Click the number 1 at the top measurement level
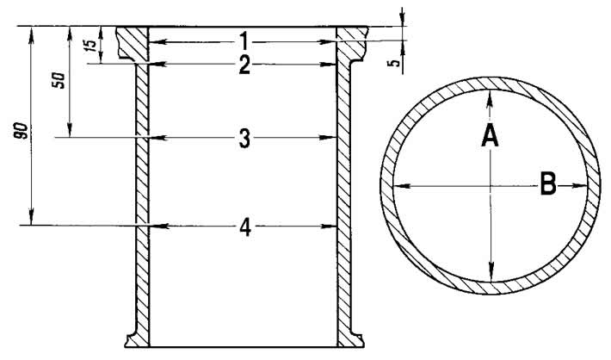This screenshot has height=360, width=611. click(244, 40)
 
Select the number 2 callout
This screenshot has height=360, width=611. click(244, 65)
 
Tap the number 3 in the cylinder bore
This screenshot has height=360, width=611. click(244, 139)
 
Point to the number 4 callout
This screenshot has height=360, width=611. click(245, 227)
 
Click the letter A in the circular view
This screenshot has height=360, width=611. click(490, 137)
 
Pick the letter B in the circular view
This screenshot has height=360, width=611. click(548, 184)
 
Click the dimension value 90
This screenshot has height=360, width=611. click(22, 130)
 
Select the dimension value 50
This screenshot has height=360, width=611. click(59, 80)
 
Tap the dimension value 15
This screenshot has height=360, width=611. click(90, 45)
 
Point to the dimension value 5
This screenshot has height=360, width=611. click(395, 63)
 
